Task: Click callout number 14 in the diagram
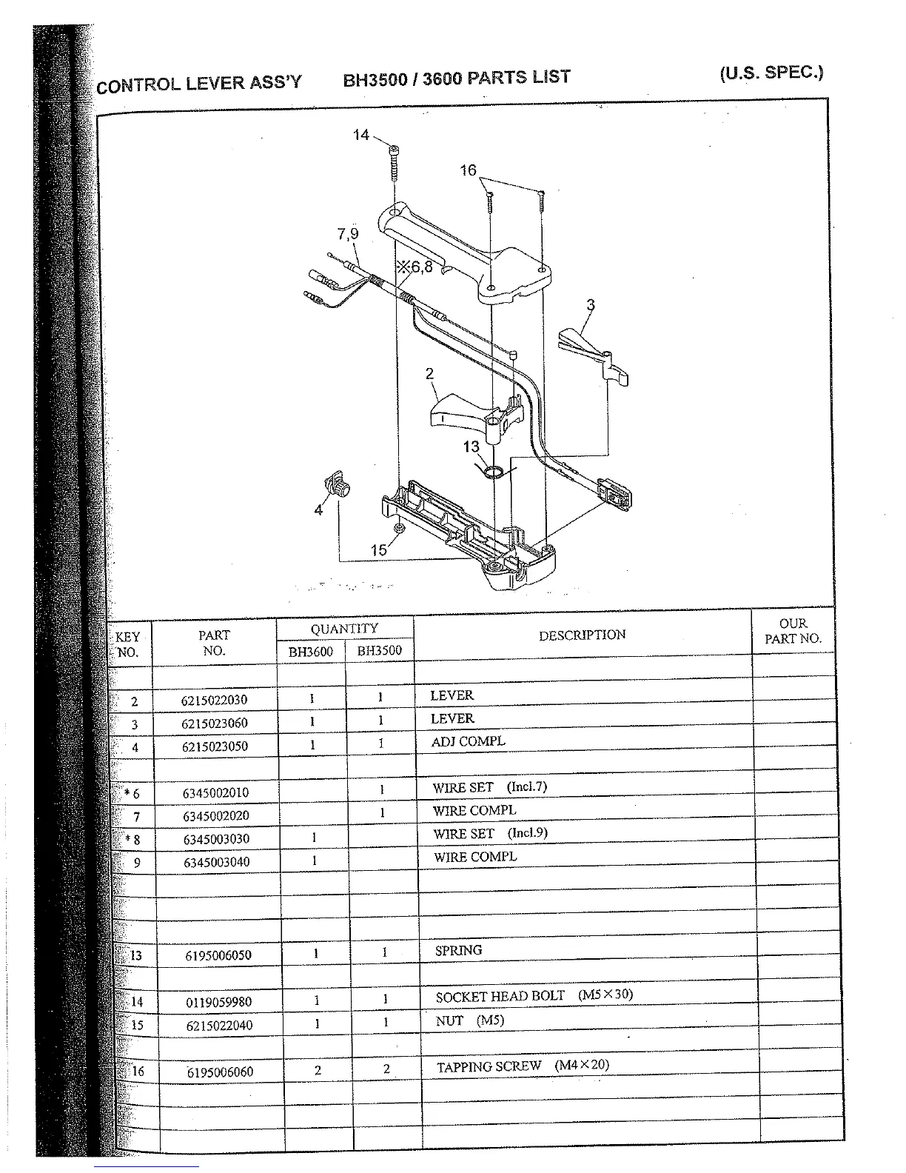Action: coord(360,136)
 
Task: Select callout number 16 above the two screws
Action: coord(468,171)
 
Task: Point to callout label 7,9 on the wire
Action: coord(347,234)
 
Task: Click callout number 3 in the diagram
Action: coord(590,304)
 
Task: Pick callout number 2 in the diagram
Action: coord(429,374)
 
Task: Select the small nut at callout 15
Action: coord(399,528)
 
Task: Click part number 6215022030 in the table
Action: coord(214,700)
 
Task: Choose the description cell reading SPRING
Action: coord(458,950)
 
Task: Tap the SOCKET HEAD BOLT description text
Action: coord(500,997)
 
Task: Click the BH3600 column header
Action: coord(310,652)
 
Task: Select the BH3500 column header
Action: coord(379,651)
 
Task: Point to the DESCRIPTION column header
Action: coord(582,635)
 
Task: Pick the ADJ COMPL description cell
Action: coord(468,741)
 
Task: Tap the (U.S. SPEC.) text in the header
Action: coord(771,73)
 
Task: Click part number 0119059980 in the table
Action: coord(218,1002)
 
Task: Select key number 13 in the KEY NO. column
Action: coord(135,955)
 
